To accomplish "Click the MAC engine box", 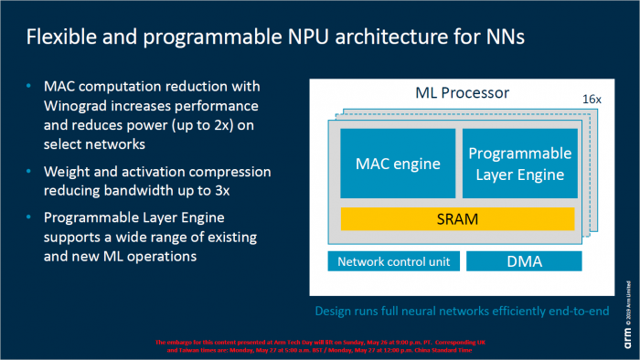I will click(398, 164).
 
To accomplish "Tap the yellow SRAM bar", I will click(457, 218).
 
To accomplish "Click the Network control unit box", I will click(392, 262).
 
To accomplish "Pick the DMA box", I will click(525, 262).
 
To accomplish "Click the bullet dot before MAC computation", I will click(29, 86).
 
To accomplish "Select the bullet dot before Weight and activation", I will click(29, 172).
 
